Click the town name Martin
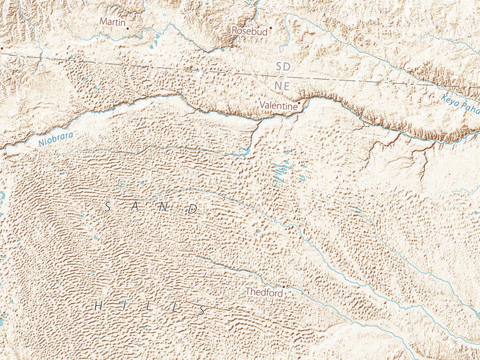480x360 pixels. pos(112,22)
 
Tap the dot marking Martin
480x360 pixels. pos(127,28)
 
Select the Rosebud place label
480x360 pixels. pos(249,31)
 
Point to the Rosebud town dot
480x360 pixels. pos(270,28)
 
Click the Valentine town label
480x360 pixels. pos(278,106)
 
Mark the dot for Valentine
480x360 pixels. pos(300,102)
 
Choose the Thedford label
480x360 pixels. pos(264,292)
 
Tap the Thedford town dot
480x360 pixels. pos(283,286)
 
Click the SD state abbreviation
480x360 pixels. pos(283,67)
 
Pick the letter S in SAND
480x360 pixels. pos(107,206)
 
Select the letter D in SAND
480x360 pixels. pos(193,210)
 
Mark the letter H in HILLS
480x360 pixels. pos(98,307)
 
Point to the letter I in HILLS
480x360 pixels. pos(122,307)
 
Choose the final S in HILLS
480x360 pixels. pos(202,309)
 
